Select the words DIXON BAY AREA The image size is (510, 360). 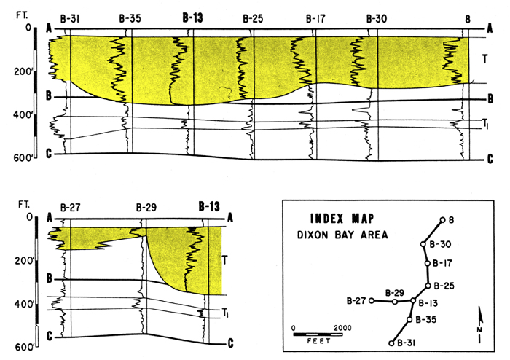coord(342,235)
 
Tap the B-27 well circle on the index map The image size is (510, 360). coord(372,300)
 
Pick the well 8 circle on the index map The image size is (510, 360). coord(442,220)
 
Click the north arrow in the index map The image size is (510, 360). coord(480,324)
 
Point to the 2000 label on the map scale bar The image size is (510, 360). coord(342,328)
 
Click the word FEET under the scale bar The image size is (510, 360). coord(319,341)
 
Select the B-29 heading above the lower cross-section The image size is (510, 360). coord(146,208)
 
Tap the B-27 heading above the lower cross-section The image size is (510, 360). coord(70,208)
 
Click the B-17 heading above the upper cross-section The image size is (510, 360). coord(315,19)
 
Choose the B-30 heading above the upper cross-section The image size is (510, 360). coord(377,19)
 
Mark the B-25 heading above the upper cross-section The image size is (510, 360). coord(253,19)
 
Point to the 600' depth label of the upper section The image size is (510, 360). coord(23,158)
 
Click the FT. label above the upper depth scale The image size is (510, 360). coord(22,15)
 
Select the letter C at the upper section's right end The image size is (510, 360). coord(490,159)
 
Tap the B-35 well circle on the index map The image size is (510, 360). coord(409,320)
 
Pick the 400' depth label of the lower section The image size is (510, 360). coord(23,305)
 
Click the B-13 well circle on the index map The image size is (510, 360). coord(413,300)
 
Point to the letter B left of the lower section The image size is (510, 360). coord(50,278)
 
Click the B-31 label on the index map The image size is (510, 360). coord(407,343)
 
